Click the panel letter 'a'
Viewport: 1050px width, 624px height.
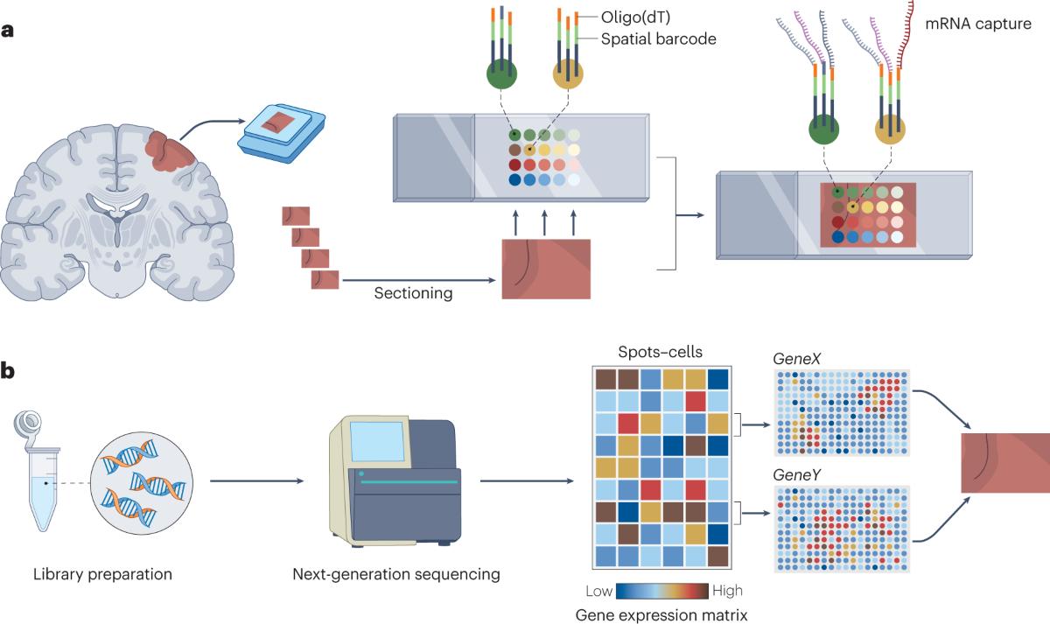[9, 31]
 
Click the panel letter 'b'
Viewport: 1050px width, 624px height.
[9, 372]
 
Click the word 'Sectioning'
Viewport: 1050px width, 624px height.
[413, 293]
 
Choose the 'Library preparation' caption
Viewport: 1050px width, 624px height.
[102, 574]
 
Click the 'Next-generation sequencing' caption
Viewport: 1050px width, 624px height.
[397, 574]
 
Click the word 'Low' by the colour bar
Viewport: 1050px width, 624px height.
[598, 592]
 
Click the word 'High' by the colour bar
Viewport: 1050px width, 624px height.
[728, 592]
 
